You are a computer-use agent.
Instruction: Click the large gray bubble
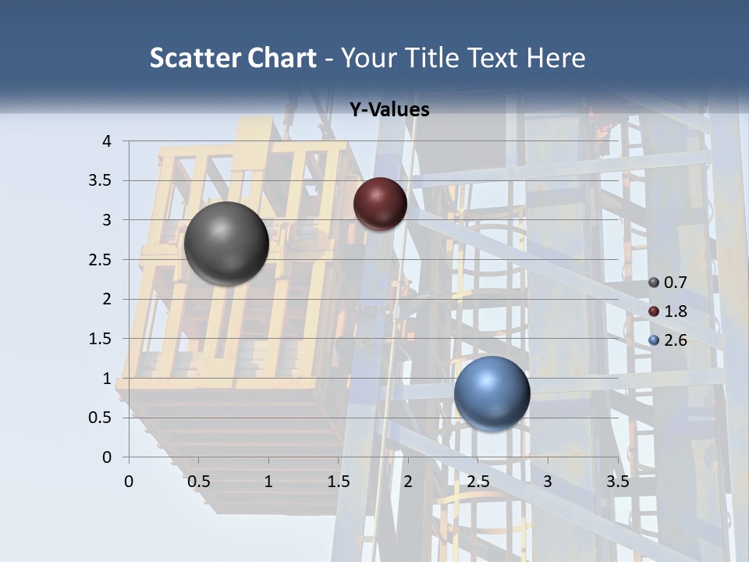(226, 244)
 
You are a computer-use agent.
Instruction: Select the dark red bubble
(380, 204)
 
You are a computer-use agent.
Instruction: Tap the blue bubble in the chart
(492, 393)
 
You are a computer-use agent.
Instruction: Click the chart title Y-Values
(389, 110)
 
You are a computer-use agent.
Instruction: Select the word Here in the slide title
(556, 58)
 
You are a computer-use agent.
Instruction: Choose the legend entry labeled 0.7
(667, 283)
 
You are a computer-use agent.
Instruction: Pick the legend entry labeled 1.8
(667, 311)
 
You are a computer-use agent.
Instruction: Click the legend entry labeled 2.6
(667, 340)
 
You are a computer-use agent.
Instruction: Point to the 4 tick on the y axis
(107, 141)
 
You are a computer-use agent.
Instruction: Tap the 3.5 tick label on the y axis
(100, 181)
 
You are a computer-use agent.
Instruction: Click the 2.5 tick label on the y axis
(100, 260)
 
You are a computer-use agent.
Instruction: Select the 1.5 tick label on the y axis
(100, 339)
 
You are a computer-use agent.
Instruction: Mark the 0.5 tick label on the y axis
(100, 418)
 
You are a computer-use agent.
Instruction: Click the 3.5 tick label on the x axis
(617, 482)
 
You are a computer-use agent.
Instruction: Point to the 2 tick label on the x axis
(408, 482)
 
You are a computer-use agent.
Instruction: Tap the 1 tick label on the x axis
(268, 482)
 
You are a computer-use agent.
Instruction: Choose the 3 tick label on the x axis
(548, 482)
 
